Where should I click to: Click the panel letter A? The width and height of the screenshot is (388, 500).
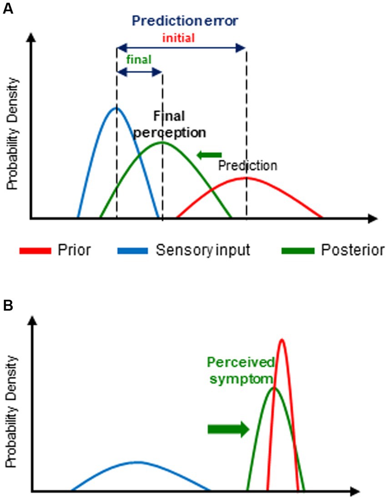8,9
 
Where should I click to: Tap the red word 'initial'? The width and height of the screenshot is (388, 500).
179,38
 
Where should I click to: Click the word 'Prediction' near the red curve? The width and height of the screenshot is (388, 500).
247,166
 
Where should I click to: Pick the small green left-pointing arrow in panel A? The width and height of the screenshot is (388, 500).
209,155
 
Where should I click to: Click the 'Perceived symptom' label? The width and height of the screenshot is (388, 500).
241,370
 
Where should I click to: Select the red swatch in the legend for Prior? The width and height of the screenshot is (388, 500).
35,250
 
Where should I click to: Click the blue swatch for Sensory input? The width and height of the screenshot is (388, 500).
132,250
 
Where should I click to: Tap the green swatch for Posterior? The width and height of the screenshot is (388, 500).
298,250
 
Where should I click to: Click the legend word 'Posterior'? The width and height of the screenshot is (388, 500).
353,250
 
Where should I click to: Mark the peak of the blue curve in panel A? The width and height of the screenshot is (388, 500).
116,108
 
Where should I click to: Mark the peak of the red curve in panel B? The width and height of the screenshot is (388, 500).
282,339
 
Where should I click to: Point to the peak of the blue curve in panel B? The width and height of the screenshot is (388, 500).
138,462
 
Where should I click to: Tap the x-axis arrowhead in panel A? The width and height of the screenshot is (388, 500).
373,219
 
